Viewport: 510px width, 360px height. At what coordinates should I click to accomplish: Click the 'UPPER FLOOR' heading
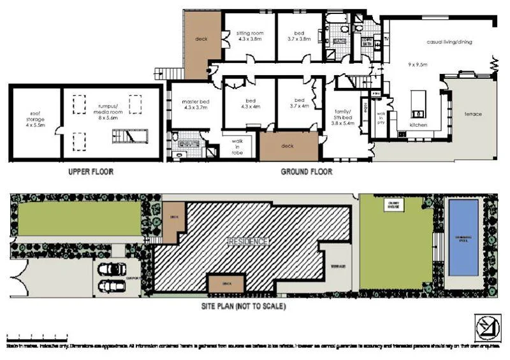click(x=91, y=172)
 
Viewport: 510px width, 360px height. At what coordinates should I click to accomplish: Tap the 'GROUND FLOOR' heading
click(x=306, y=172)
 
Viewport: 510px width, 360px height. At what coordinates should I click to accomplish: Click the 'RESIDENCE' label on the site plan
click(x=249, y=241)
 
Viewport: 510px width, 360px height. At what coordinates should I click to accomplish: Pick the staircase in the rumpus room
click(x=125, y=136)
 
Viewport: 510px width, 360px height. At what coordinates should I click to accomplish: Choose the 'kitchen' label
click(x=418, y=125)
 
